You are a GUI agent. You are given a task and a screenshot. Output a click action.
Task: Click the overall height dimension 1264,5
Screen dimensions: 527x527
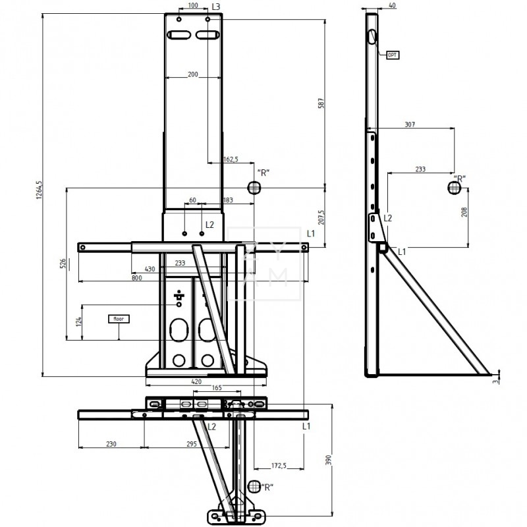(40, 191)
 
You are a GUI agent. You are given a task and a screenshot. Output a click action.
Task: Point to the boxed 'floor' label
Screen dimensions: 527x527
(119, 318)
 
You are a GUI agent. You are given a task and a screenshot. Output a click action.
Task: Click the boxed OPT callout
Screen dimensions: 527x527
(393, 55)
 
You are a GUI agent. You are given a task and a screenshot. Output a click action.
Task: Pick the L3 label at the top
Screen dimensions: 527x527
(215, 6)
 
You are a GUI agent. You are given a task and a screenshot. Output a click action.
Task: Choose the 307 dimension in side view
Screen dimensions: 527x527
(410, 125)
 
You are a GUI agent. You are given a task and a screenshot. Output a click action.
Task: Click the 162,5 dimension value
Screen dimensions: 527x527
(231, 159)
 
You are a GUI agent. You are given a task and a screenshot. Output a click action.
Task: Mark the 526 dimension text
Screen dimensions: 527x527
(63, 263)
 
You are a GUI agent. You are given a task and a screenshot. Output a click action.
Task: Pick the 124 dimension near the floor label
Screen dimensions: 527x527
(78, 321)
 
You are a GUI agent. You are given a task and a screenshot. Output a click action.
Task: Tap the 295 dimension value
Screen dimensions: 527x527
(190, 445)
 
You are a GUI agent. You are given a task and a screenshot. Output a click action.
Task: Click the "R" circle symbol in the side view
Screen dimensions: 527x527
(454, 188)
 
